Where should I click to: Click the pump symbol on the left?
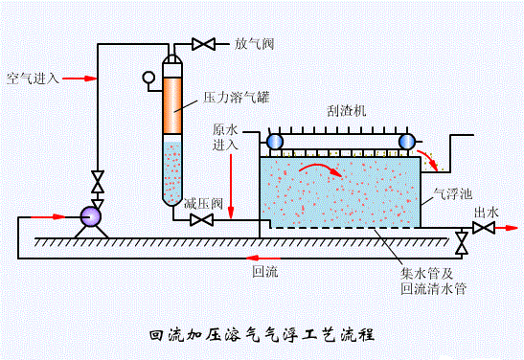click(x=91, y=215)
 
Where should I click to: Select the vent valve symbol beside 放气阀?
click(x=204, y=44)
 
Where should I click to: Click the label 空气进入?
click(x=33, y=79)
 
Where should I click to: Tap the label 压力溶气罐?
click(x=234, y=99)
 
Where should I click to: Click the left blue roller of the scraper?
click(x=275, y=142)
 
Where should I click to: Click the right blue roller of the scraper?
click(x=406, y=142)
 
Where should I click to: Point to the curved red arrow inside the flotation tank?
click(x=321, y=170)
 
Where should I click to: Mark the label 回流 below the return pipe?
click(x=264, y=272)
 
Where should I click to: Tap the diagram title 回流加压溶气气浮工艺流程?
click(x=262, y=336)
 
